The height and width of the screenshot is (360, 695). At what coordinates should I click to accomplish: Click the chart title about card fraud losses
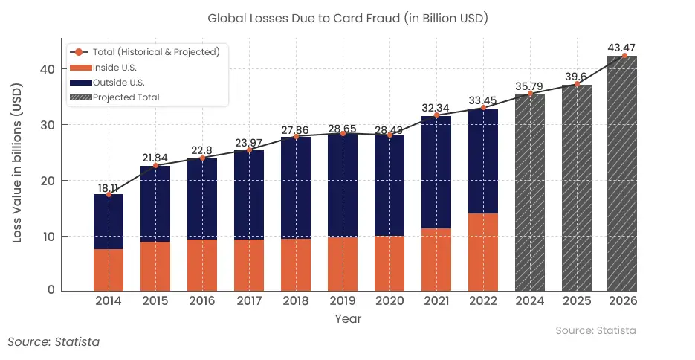347,17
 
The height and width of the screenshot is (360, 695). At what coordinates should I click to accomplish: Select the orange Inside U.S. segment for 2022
483,252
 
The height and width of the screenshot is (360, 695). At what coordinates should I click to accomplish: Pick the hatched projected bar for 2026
622,173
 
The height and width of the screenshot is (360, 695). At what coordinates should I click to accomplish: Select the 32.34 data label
436,107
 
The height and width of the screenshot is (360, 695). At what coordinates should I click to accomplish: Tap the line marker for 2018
296,137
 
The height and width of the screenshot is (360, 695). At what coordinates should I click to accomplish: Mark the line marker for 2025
577,84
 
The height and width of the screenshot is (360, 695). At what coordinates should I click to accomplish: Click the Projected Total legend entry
126,97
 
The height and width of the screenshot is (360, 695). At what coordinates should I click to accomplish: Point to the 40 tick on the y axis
47,69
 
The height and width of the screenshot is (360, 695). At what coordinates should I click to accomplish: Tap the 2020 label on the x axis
389,301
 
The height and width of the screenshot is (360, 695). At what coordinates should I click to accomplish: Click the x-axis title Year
348,318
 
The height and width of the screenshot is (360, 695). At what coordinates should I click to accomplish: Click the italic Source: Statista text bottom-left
54,342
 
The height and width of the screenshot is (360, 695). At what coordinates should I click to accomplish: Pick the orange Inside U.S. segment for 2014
109,269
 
